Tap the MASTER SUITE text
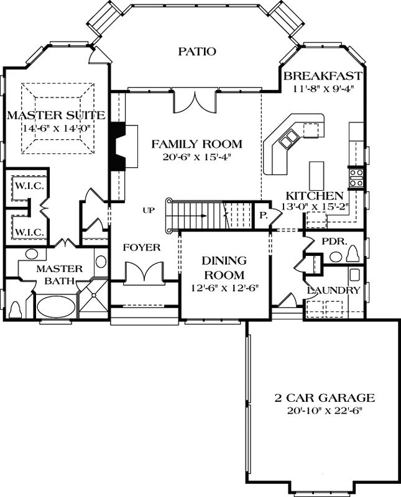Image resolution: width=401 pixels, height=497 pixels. point(55,116)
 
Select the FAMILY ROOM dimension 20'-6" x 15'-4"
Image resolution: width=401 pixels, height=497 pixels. point(196,157)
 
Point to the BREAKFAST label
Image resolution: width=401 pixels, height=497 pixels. point(322,76)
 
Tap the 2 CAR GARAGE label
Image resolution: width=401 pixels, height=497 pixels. point(325,398)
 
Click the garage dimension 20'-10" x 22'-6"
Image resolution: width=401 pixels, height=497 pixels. point(325,411)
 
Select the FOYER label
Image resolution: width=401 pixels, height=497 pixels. point(141,247)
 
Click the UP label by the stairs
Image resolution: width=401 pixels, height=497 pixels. point(148,211)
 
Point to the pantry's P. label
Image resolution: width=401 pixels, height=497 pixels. point(264,216)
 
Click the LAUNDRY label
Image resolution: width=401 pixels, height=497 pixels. point(334,290)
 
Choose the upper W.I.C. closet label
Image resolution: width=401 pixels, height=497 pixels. point(27,186)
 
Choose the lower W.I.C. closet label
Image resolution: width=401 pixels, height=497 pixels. point(27,232)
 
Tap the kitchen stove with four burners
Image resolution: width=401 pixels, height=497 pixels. point(356,178)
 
